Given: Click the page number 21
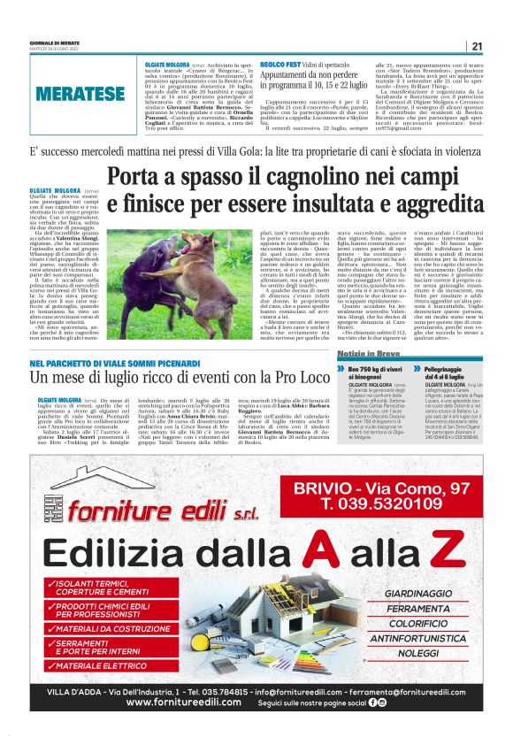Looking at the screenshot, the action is [477, 47].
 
